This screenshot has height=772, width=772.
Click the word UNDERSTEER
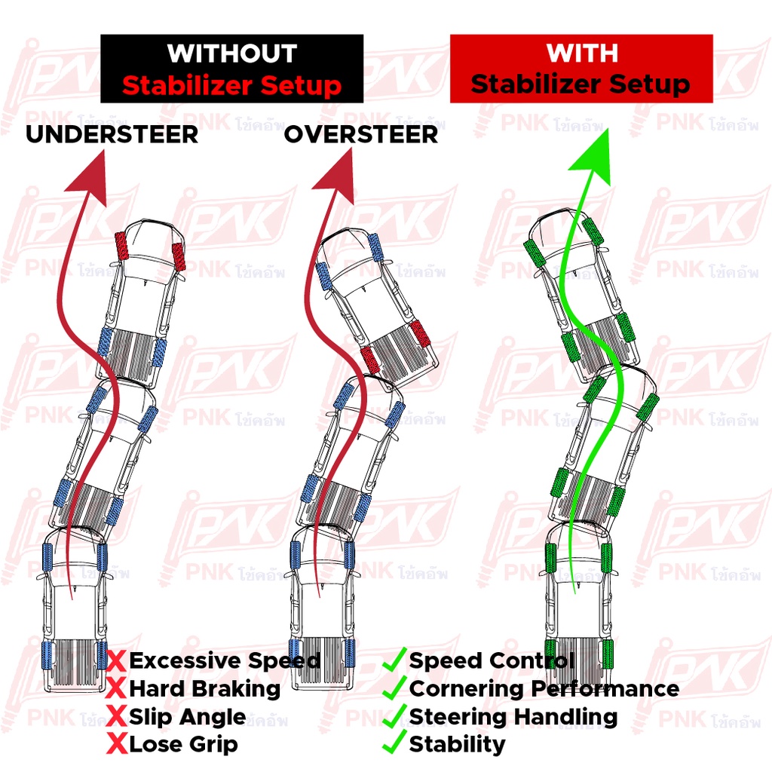[112, 134]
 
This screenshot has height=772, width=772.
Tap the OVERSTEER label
[360, 134]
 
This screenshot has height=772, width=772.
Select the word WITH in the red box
[582, 53]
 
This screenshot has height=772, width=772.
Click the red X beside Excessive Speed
[116, 662]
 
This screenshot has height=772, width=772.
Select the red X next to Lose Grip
[116, 745]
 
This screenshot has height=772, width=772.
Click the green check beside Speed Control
[394, 661]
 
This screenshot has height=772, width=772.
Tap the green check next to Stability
[394, 744]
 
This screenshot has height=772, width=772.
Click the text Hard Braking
[204, 688]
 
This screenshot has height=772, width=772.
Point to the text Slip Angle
[187, 717]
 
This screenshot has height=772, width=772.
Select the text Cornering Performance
[544, 688]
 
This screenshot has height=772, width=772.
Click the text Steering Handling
[513, 717]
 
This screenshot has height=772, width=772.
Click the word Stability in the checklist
[457, 745]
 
